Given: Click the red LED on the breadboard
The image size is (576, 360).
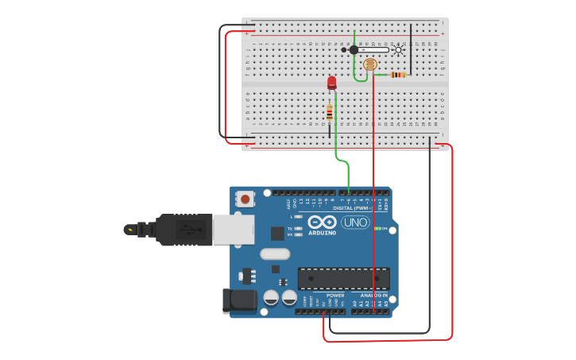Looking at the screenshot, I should point(331,82).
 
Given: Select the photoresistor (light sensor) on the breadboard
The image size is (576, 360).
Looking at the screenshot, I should point(369,64).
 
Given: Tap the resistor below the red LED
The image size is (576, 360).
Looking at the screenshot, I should point(329,114).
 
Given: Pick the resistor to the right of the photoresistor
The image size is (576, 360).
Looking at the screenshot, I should point(398,75).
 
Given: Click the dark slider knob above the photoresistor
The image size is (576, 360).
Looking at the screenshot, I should point(354,49).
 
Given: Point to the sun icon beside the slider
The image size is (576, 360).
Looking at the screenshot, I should point(399,49).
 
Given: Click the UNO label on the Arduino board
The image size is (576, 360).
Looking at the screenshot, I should point(355,223).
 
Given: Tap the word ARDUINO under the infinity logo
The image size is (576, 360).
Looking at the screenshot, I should point(322,233).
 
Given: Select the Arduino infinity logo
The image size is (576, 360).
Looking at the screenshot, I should point(322,222).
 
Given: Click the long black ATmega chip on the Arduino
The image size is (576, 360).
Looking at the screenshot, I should point(343,279).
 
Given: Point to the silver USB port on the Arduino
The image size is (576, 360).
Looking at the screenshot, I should point(233,229).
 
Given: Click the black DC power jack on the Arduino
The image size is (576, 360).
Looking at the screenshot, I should point(242,301).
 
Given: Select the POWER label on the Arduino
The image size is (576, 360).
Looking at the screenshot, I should point(335,295).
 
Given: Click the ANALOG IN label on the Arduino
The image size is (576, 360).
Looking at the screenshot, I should point(375,295).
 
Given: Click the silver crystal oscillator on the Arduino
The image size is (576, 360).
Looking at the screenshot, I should point(275,254).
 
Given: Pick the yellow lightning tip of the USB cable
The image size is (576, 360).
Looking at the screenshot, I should point(129,230).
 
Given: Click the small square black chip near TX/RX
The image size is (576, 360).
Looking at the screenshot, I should point(276,233).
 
